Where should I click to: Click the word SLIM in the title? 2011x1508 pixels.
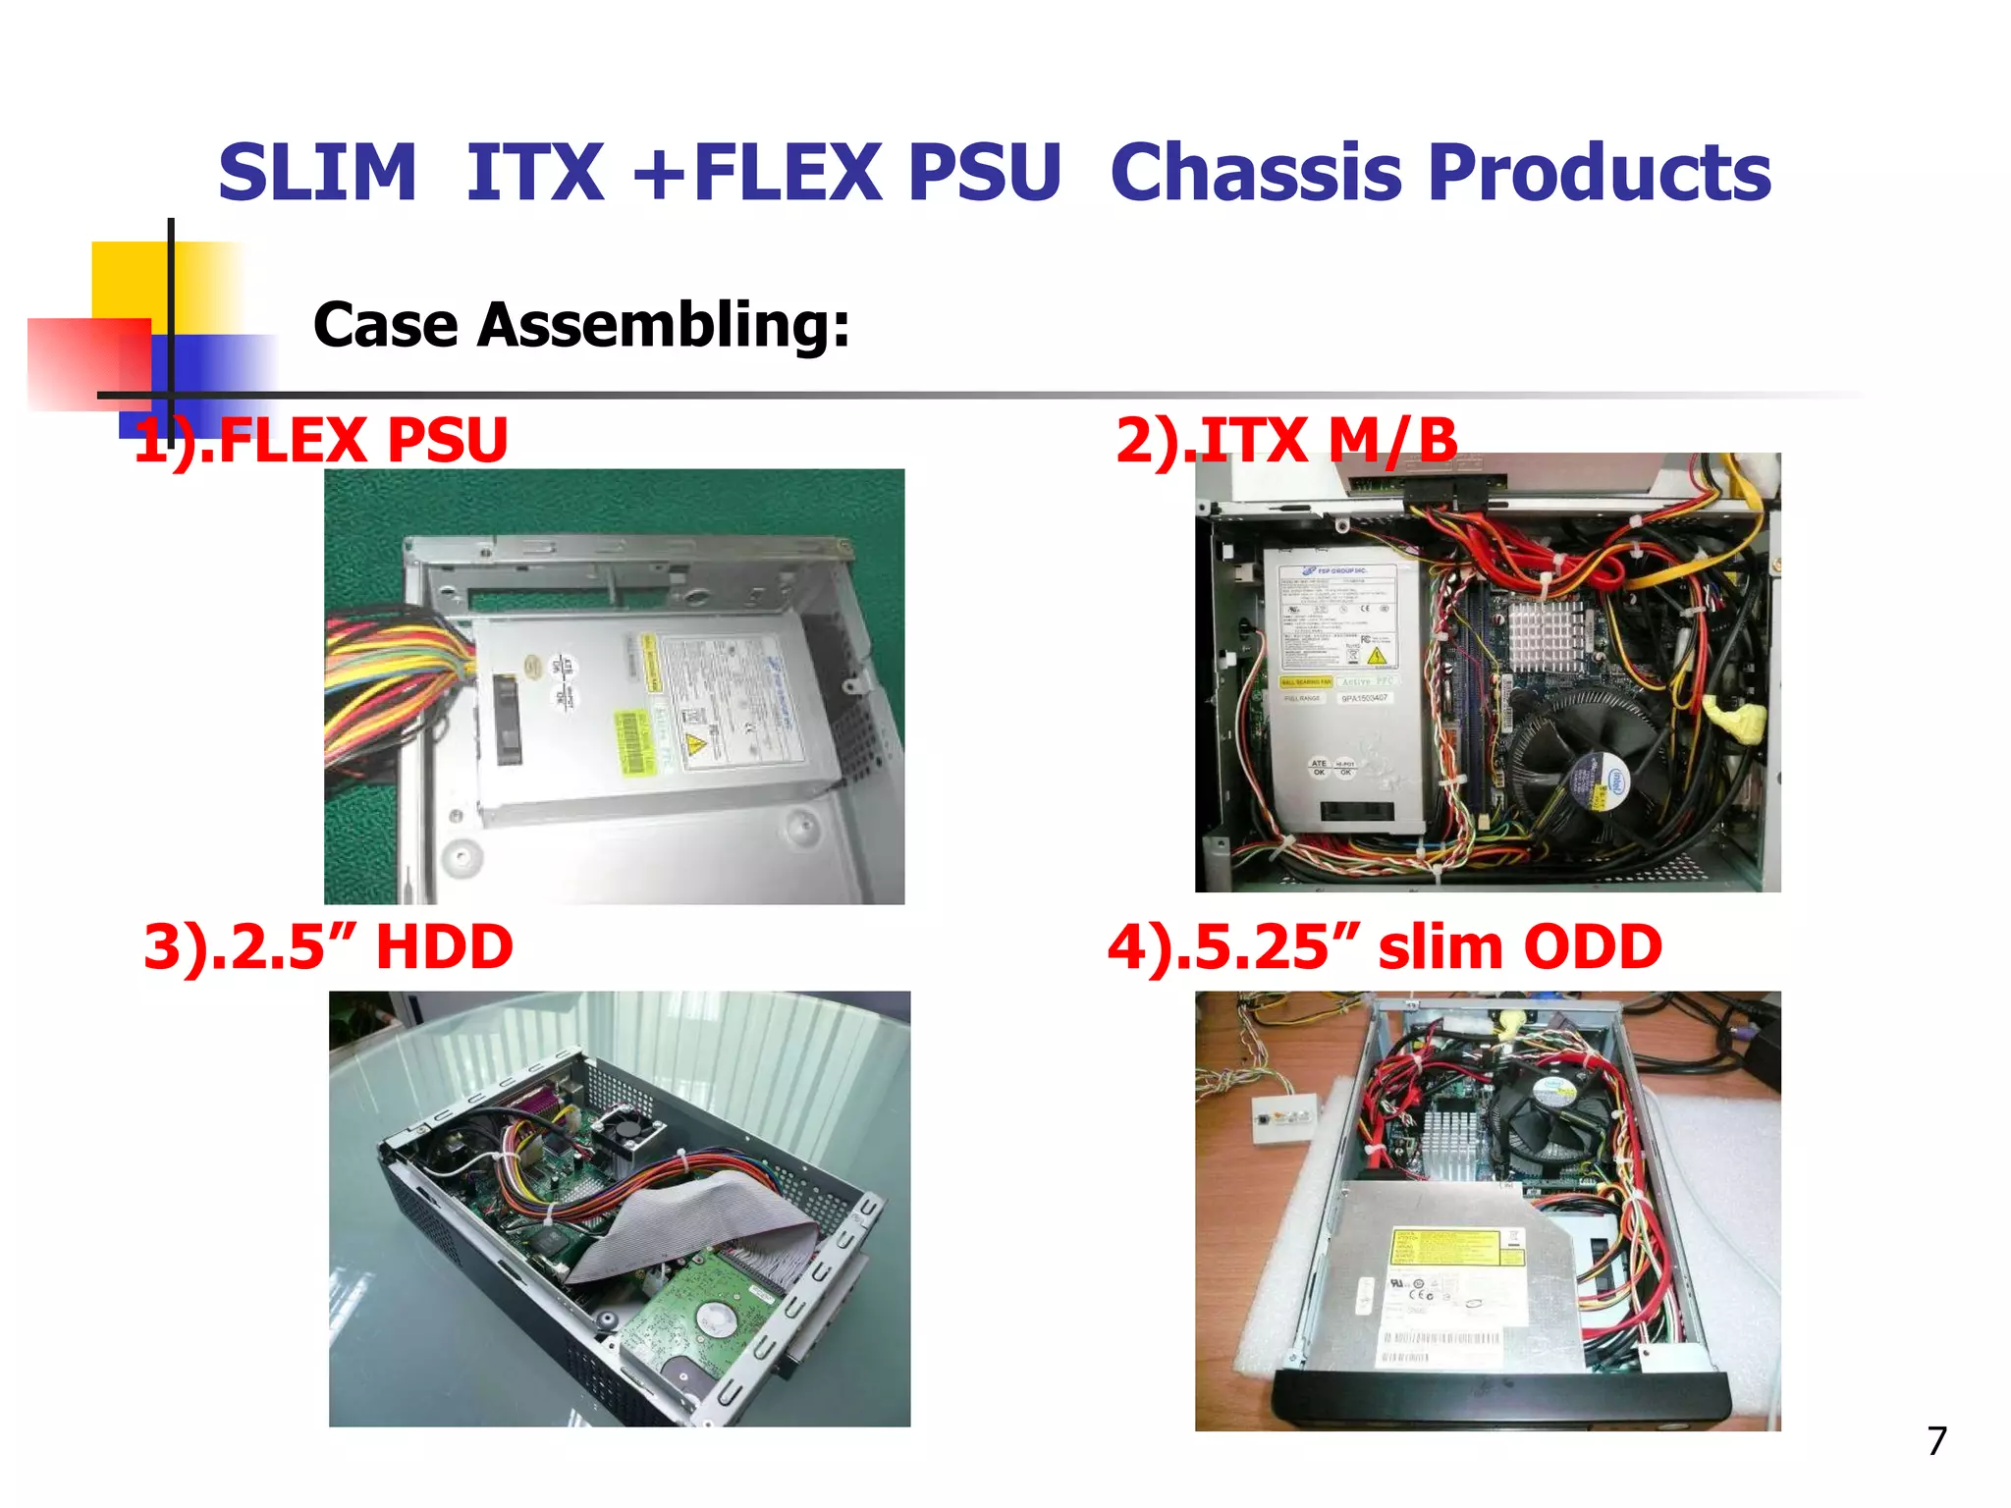point(317,173)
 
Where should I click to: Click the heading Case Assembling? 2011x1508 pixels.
point(580,325)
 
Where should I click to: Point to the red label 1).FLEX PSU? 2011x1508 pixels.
point(321,440)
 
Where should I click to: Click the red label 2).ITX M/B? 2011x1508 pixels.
point(1286,440)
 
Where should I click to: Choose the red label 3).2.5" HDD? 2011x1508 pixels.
point(328,946)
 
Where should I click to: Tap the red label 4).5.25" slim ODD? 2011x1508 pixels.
point(1385,946)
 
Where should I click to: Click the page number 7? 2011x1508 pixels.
point(1936,1441)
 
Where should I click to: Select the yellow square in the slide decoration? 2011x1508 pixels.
point(128,280)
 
